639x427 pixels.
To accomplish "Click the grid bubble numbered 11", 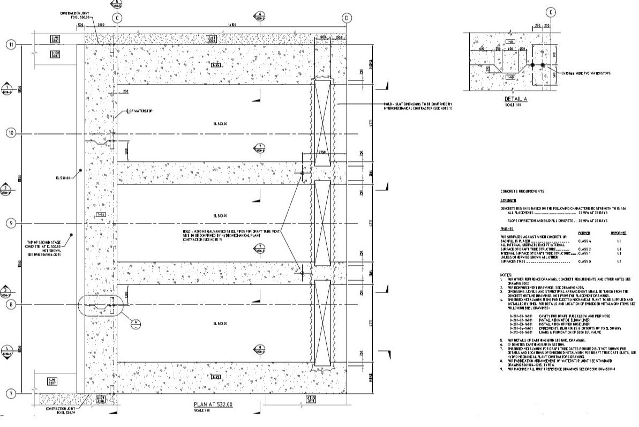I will point(11,44).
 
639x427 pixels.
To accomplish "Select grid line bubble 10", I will point(11,132).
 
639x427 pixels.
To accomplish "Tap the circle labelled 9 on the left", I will point(11,223).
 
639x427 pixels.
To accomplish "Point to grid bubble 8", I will point(11,304).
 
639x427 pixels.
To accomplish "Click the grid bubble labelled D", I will point(347,18).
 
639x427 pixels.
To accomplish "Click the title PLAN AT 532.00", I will point(213,404).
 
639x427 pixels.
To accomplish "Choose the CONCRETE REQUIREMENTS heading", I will point(523,191).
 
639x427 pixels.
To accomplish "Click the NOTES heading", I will point(506,272).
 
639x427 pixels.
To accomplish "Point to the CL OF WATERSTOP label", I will point(140,111).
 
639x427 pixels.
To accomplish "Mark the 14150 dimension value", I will point(232,25).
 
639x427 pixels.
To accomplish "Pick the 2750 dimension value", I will point(322,153).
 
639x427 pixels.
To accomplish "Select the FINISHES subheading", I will point(507,229).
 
